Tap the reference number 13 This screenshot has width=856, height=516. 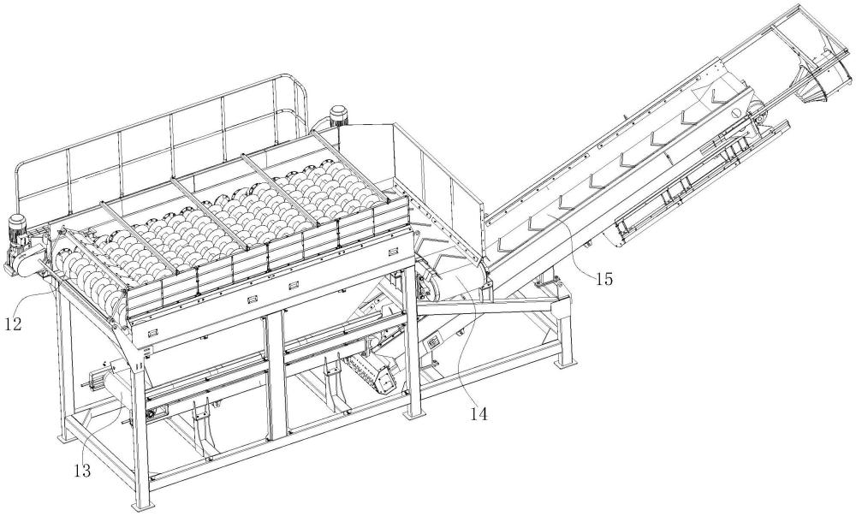click(x=83, y=468)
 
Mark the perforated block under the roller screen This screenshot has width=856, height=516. click(x=367, y=369)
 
